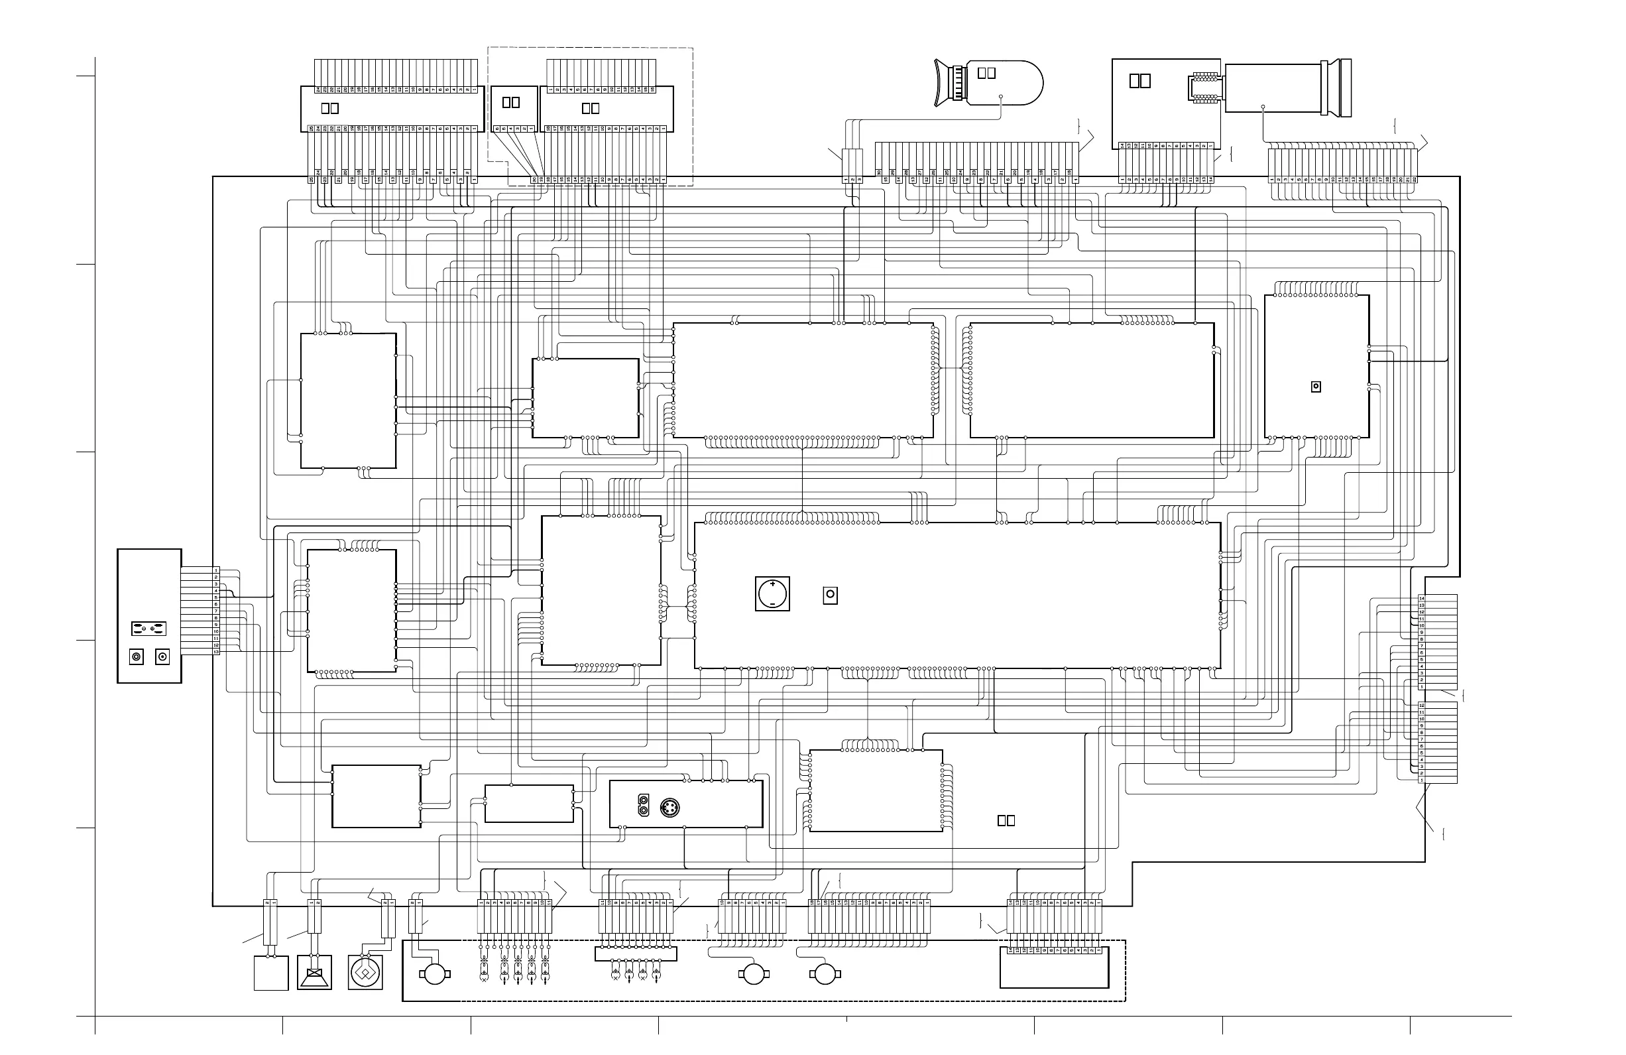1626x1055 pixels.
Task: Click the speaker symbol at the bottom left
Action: point(314,972)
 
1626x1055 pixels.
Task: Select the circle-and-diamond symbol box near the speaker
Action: point(365,972)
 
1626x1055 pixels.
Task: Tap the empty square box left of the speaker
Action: point(270,973)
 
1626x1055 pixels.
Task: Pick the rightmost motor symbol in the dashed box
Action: point(825,973)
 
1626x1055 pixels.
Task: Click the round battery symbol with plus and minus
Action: point(772,593)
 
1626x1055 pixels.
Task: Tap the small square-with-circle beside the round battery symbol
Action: point(830,595)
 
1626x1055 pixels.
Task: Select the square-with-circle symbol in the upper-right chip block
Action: point(1316,387)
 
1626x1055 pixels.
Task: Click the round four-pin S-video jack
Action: point(670,809)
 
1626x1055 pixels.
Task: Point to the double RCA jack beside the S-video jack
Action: point(643,806)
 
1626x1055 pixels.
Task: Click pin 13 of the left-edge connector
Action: point(216,652)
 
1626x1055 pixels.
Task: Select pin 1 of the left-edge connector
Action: point(216,570)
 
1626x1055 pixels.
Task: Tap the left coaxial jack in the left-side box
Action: point(137,657)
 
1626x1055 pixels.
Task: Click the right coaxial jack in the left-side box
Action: point(162,657)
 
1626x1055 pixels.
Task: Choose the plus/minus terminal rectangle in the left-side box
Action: point(149,627)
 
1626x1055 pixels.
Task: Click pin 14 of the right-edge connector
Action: point(1422,599)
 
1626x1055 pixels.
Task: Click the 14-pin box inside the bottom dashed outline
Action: point(1053,967)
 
